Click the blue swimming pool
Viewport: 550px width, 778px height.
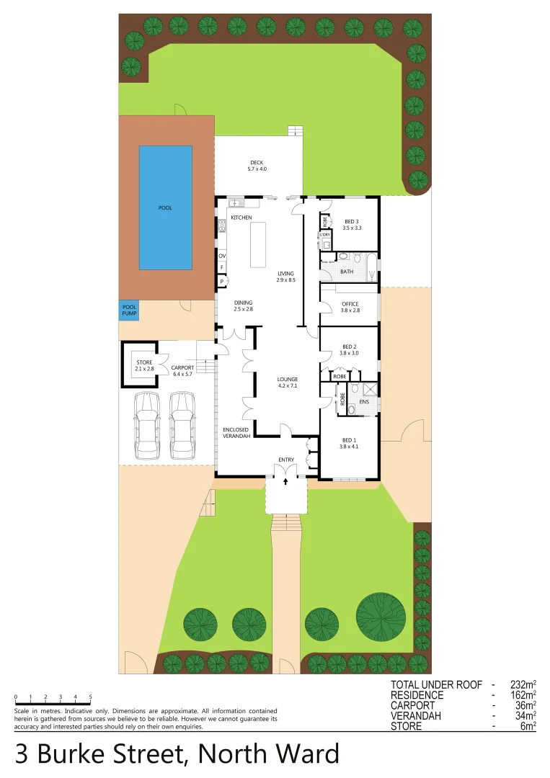tap(165, 207)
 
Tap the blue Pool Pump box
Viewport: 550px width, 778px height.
tap(129, 310)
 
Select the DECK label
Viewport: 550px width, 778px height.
tap(257, 162)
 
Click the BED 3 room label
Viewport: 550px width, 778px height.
tap(352, 221)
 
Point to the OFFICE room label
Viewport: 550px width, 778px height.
tap(350, 304)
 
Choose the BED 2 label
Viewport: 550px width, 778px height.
tap(350, 346)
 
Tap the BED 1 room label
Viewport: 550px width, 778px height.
tap(349, 440)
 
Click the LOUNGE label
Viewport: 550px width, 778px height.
tap(288, 379)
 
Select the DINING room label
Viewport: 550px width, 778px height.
tap(243, 303)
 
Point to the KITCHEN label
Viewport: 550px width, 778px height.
tap(241, 217)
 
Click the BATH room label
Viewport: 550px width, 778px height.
tap(347, 272)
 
